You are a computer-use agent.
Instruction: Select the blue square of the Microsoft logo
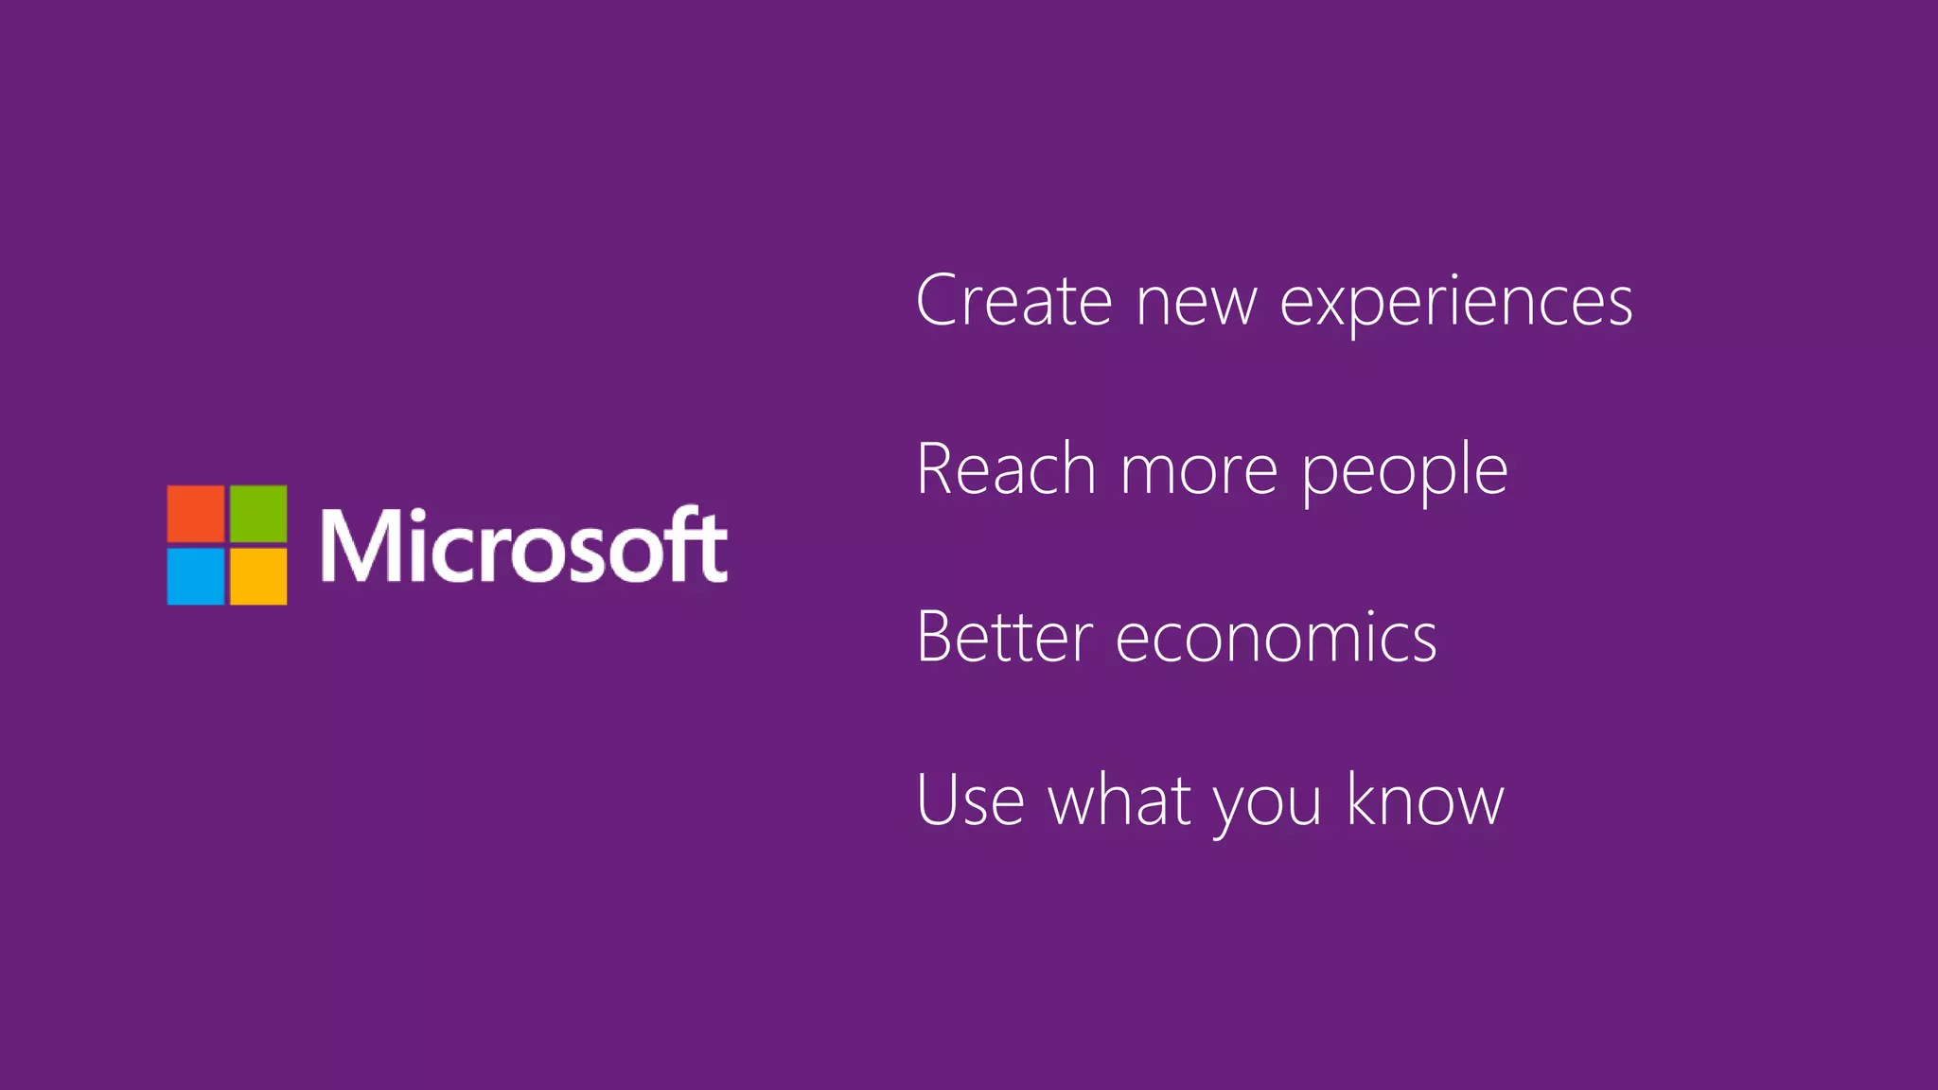coord(196,576)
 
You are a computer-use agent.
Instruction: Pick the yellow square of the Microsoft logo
coord(258,576)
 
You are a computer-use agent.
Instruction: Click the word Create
coord(1013,301)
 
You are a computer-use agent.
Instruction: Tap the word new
coord(1196,303)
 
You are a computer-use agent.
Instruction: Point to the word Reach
coord(1006,469)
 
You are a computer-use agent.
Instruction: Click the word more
coord(1199,472)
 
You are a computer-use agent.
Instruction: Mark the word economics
coord(1277,640)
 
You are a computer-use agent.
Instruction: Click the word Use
coord(971,800)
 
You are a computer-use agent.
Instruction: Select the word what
coord(1119,800)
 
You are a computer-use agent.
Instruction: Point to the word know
coord(1424,800)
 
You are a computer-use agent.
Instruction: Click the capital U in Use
coord(939,800)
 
